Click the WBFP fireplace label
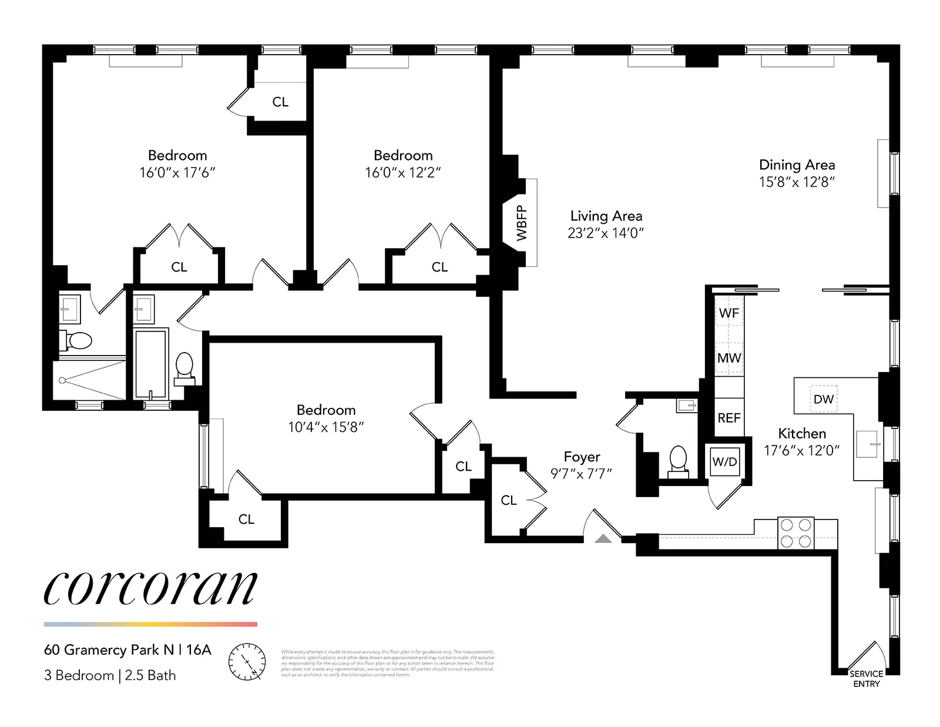522,223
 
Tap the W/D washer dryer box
724,462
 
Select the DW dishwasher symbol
824,399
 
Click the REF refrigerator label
729,418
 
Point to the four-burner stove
796,533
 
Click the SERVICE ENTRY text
866,679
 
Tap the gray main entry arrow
603,538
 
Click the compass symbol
246,662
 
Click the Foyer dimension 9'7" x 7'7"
581,474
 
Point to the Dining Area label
797,165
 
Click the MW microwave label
729,358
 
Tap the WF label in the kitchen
729,313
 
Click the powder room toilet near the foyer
679,460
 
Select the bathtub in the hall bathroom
150,363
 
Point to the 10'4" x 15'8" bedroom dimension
325,427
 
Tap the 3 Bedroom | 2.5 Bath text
110,675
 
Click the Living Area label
606,216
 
